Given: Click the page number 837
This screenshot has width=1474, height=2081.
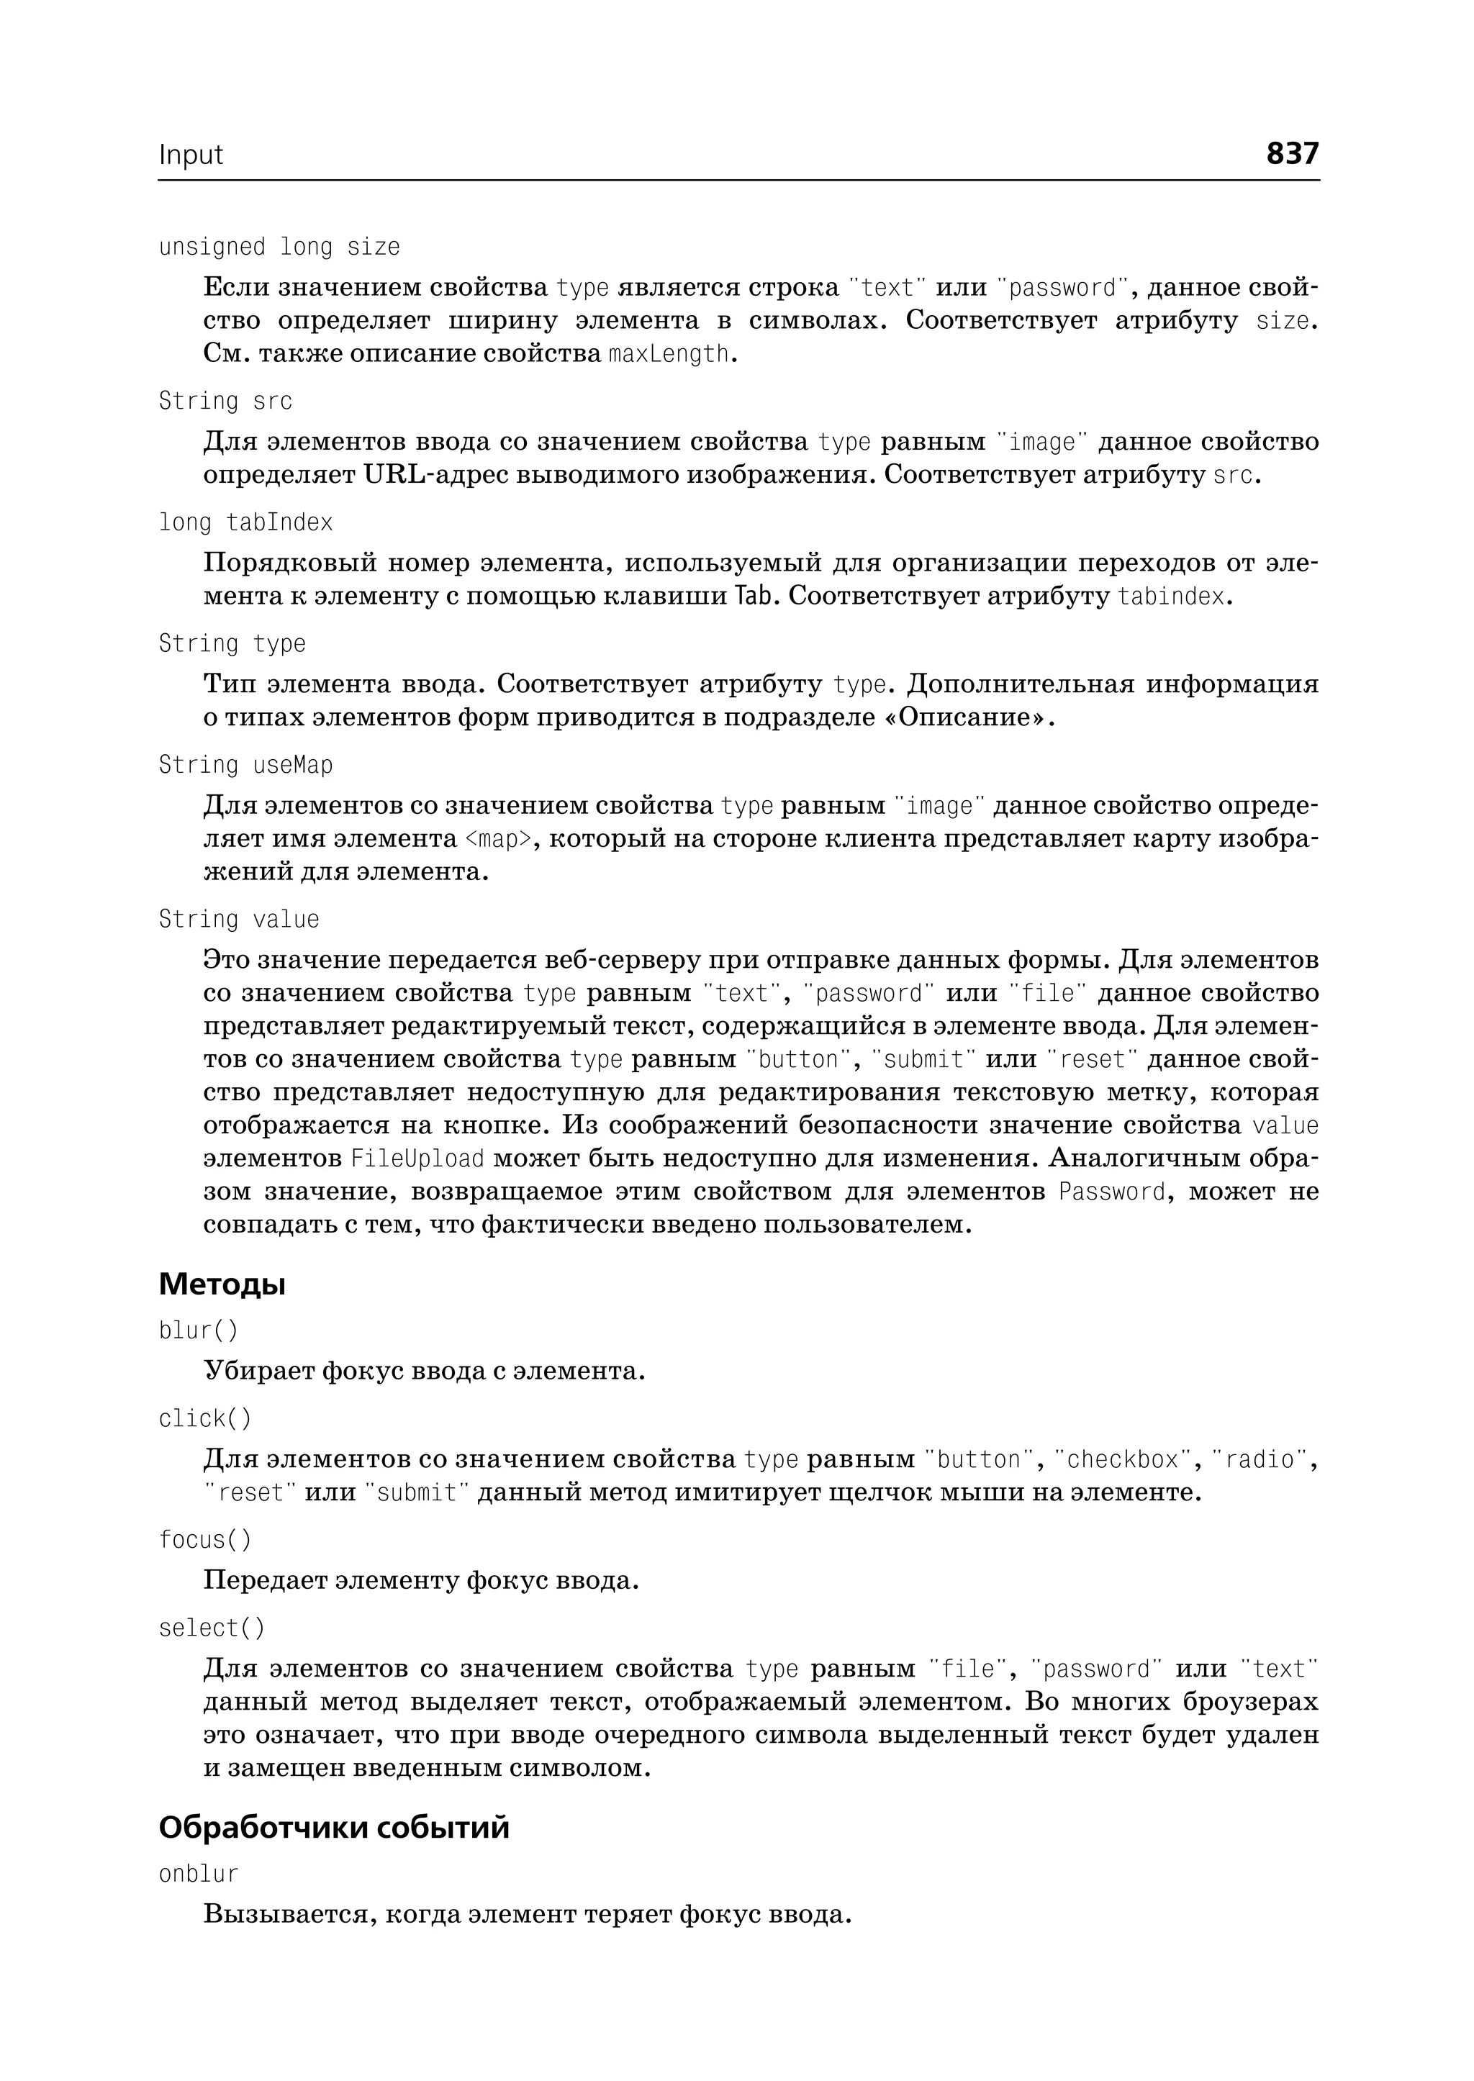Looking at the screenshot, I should click(1292, 153).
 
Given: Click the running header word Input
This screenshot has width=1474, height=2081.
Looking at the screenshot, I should click(191, 155).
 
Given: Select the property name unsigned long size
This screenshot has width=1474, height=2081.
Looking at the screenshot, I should click(279, 247).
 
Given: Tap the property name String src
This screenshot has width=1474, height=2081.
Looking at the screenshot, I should click(225, 401).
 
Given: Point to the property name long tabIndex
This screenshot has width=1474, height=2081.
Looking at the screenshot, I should click(246, 522).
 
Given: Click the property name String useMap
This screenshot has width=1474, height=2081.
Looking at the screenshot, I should click(246, 765).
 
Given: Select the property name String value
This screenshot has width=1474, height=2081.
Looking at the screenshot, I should click(239, 920).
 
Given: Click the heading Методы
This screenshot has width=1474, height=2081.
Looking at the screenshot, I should click(222, 1284).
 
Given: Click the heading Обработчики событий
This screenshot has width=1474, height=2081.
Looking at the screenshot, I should click(334, 1827).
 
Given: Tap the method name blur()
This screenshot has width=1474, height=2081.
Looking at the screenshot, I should click(199, 1330).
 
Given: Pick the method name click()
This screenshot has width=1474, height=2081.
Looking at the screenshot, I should click(205, 1418).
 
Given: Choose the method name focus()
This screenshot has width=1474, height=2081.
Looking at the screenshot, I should click(205, 1540).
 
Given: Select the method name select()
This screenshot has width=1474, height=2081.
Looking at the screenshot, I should click(212, 1628).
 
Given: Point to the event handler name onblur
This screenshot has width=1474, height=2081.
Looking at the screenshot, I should click(199, 1874).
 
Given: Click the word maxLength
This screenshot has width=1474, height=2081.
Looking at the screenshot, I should click(669, 354).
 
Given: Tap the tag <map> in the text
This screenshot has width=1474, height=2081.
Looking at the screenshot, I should click(497, 838).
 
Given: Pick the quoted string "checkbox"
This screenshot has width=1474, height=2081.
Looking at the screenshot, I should click(1122, 1459).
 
